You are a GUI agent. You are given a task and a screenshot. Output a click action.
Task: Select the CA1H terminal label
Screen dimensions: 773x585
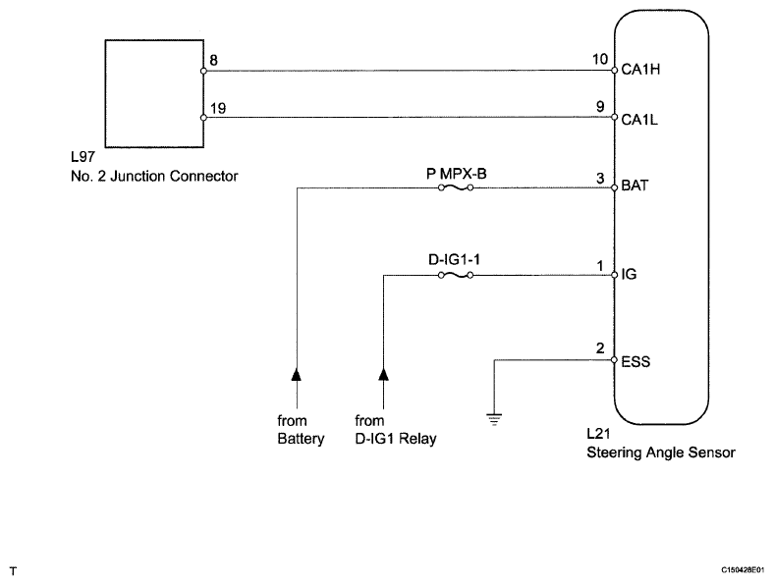click(640, 70)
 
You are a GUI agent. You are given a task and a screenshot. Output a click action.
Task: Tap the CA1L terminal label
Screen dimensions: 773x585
click(639, 120)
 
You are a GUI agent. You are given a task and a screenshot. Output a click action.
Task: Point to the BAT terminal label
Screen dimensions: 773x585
click(635, 186)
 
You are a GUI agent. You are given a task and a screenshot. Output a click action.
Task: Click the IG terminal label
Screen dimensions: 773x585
click(629, 274)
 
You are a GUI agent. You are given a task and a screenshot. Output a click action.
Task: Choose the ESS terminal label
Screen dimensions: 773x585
click(635, 362)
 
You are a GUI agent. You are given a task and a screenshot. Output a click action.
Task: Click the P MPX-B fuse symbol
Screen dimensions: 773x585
click(456, 187)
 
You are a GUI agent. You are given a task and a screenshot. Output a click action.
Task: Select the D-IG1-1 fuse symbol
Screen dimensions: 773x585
click(456, 275)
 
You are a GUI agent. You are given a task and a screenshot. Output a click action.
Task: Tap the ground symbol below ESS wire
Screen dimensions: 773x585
click(494, 419)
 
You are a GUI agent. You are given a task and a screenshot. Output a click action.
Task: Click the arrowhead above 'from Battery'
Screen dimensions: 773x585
click(297, 375)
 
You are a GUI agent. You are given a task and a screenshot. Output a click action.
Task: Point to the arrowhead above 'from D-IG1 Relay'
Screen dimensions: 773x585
click(383, 375)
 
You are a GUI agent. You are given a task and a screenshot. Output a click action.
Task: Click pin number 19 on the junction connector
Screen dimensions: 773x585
click(218, 108)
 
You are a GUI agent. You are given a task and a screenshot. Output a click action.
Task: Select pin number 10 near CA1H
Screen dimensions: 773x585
click(600, 59)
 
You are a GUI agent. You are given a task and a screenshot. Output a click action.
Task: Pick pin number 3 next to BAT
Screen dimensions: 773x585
click(600, 178)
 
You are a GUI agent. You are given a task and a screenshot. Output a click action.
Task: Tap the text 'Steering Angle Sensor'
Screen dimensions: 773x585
click(661, 452)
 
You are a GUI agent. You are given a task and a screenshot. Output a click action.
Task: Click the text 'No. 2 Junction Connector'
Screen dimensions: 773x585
click(154, 176)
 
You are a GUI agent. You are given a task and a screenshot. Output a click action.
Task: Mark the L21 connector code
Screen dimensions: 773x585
click(598, 434)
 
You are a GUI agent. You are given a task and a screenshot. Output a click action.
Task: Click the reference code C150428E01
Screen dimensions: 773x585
click(743, 570)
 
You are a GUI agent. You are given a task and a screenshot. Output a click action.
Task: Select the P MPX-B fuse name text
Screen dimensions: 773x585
click(456, 174)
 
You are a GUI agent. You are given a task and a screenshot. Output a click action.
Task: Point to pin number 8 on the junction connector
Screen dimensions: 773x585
click(213, 60)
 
